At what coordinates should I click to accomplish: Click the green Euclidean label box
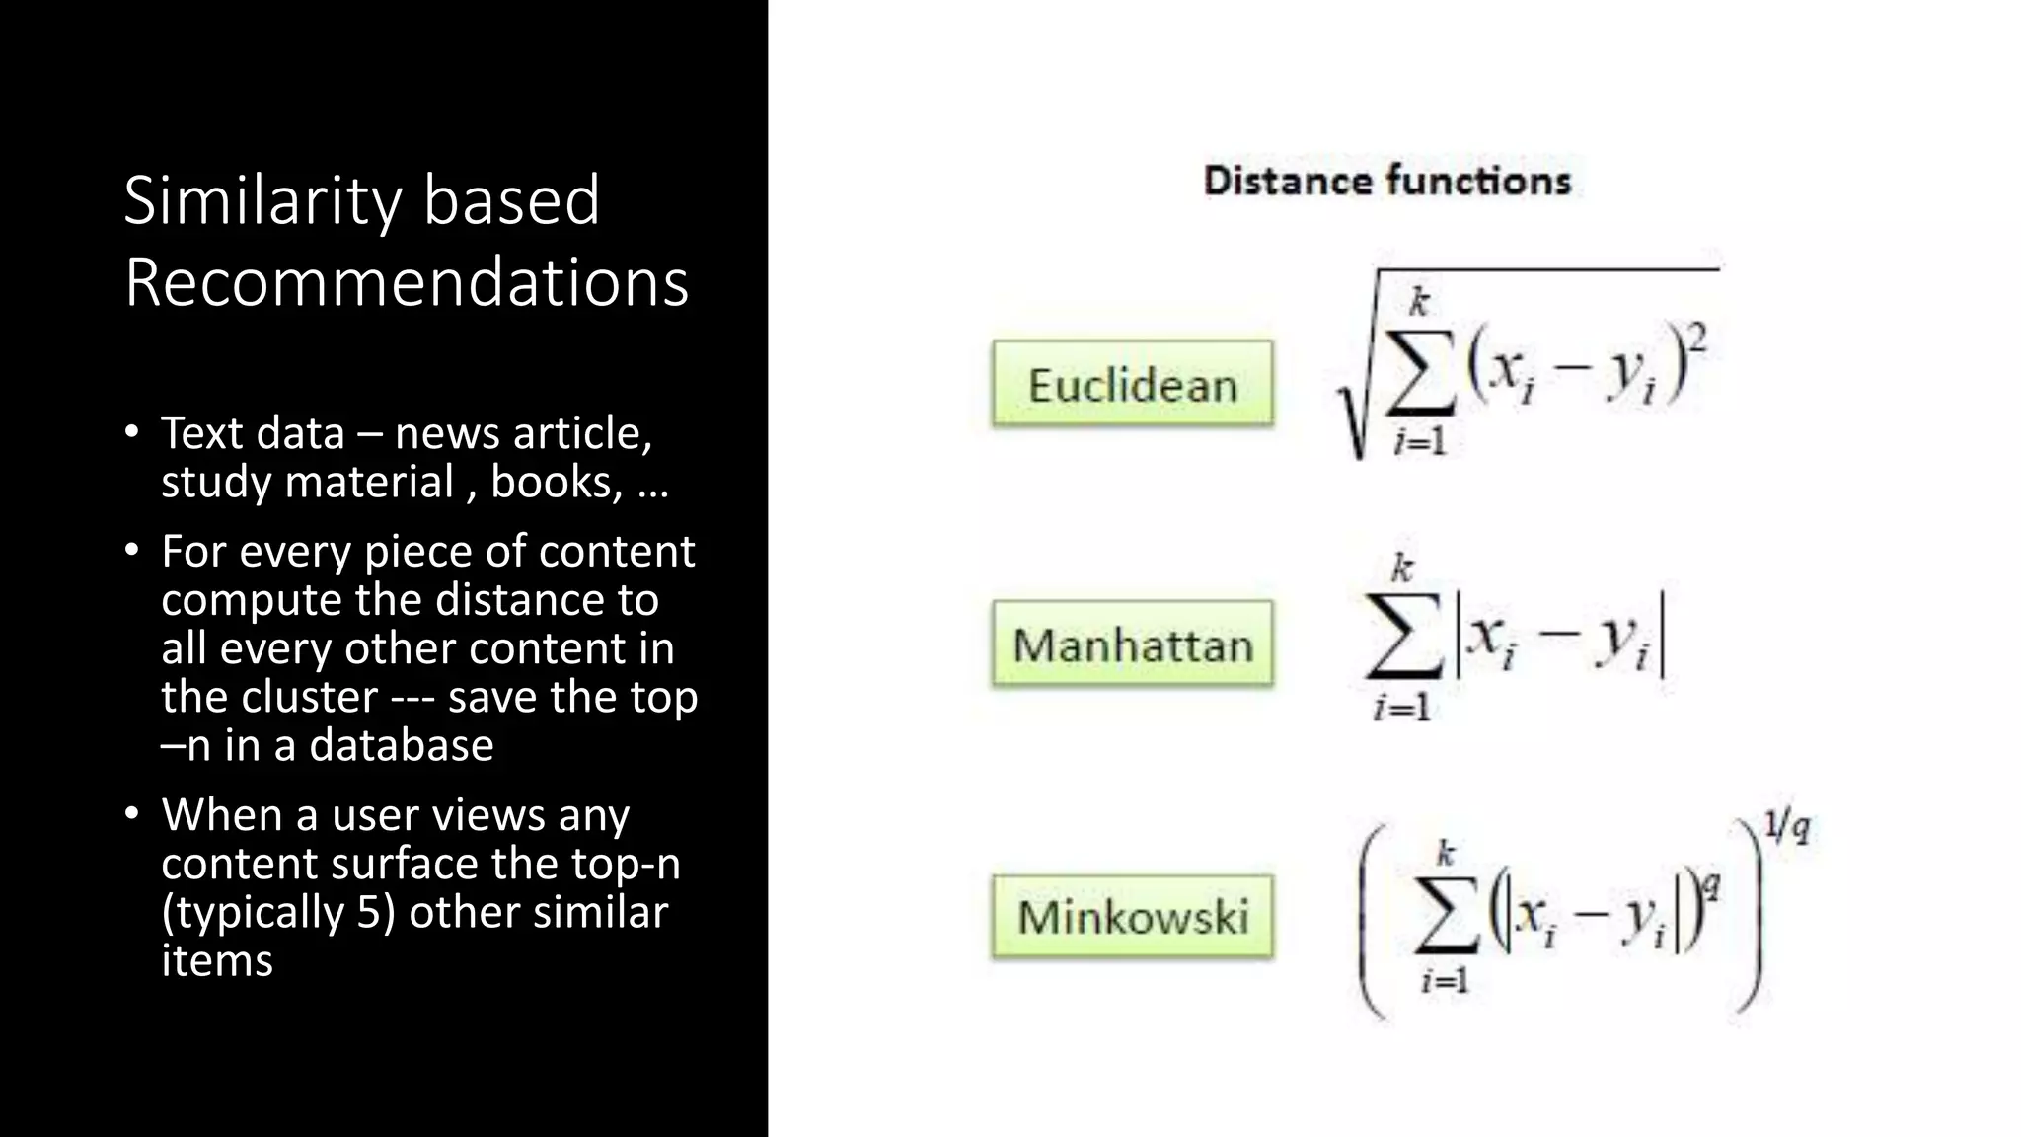point(1132,384)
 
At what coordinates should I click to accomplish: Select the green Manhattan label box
point(1132,644)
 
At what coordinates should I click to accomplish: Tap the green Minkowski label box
point(1132,916)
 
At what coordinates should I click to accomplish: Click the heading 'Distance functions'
point(1386,181)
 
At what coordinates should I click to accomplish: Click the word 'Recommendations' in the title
point(406,283)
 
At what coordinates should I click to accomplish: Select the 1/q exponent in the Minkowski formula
point(1786,827)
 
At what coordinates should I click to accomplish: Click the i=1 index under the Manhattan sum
point(1401,707)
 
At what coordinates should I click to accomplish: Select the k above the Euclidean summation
point(1419,302)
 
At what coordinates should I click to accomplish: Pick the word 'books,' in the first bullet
point(557,482)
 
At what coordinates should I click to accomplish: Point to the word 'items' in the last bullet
point(217,960)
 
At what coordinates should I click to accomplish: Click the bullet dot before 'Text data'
point(131,431)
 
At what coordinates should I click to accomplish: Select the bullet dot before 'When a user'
point(131,813)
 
